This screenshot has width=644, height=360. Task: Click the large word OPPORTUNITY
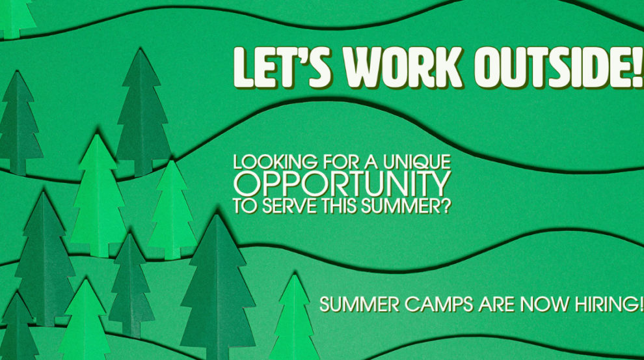coord(342,184)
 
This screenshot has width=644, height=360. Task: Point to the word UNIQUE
coord(417,162)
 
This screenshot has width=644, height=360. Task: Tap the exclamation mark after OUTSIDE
coord(638,68)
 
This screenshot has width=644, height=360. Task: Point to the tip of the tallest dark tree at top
coord(141,49)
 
